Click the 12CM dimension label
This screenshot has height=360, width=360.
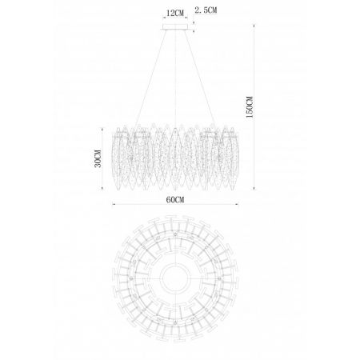175,13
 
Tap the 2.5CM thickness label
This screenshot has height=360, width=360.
206,10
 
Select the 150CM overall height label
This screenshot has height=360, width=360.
250,107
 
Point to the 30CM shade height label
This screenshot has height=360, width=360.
98,158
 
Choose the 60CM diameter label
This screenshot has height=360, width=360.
175,199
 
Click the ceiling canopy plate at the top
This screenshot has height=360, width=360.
175,27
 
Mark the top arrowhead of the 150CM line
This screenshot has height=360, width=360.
254,26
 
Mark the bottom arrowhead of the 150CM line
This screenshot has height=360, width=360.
254,188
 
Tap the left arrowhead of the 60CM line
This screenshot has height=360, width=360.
114,205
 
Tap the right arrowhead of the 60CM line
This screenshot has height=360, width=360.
237,205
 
